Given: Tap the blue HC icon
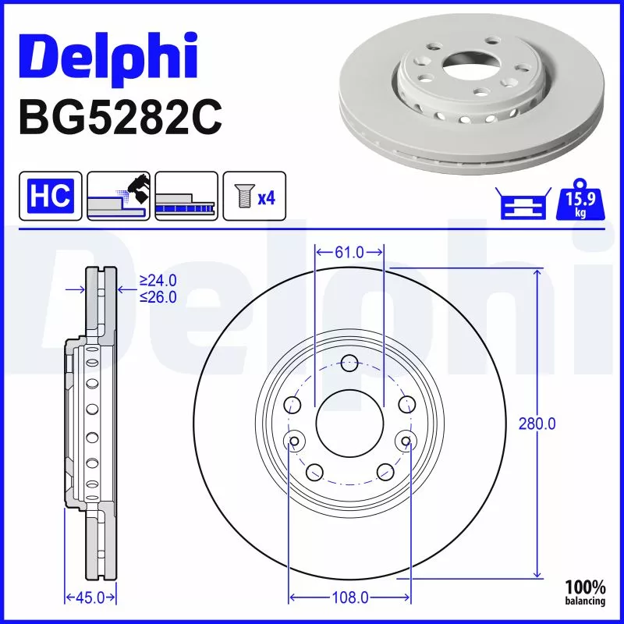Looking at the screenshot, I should click(x=51, y=195).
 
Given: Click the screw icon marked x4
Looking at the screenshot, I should click(x=254, y=195).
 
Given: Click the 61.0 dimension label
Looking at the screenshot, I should click(x=349, y=252).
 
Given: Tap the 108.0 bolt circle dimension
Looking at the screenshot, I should click(x=349, y=597).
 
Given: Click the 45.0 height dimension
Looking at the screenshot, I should click(x=89, y=597).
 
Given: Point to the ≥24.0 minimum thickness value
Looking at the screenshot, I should click(x=158, y=281).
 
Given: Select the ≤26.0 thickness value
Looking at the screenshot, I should click(x=158, y=296).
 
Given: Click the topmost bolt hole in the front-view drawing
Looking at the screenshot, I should click(x=349, y=362).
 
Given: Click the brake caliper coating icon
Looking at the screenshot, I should click(x=119, y=195).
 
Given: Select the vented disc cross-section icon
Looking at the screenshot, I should click(x=186, y=195).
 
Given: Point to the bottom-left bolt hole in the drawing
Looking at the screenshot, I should click(x=315, y=471).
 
